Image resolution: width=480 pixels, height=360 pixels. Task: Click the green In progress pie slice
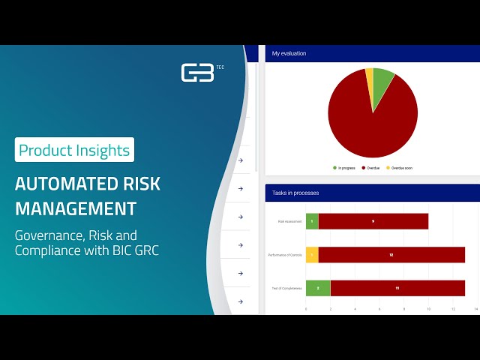[x=382, y=80]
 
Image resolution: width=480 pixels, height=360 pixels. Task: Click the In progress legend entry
[x=343, y=167]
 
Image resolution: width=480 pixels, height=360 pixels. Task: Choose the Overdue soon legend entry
[x=398, y=167]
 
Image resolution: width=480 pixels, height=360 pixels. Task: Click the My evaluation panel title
[x=289, y=53]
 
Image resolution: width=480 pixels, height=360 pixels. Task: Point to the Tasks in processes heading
[x=295, y=193]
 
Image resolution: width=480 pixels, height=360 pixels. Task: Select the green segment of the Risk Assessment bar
[x=312, y=221]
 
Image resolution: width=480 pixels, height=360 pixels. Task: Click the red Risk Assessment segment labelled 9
[x=373, y=221]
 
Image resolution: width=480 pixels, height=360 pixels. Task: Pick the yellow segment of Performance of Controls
[x=312, y=255]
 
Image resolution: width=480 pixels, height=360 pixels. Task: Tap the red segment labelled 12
[x=391, y=255]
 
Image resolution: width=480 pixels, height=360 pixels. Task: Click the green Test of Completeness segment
[x=318, y=288]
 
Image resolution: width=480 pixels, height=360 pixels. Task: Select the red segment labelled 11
[x=397, y=288]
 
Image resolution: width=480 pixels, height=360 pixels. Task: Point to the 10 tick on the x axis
[x=427, y=308]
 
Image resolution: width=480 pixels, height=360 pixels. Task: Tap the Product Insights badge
[x=74, y=150]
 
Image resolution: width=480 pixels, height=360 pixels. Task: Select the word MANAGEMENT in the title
[x=76, y=208]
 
